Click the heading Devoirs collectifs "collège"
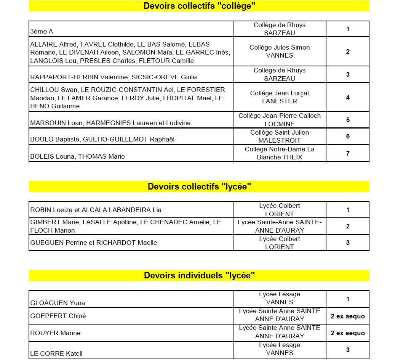point(199,6)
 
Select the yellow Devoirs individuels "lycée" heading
point(199,275)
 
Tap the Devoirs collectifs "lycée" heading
point(199,186)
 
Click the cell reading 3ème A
point(42,32)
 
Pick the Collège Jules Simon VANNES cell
point(280,51)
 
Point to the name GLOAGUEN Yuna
point(58,303)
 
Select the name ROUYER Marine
point(56,333)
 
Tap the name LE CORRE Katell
point(56,354)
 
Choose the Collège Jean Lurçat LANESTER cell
point(280,97)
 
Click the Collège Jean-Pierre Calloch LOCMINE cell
point(280,120)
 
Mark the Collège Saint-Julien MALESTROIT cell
point(280,137)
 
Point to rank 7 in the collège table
point(348,153)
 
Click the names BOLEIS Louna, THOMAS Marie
point(78,156)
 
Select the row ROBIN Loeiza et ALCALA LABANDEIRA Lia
point(96,210)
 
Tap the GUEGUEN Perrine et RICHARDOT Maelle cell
point(94,243)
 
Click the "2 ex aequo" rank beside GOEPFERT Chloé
point(348,316)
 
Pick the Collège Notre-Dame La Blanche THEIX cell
point(280,153)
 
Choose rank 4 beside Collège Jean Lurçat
point(348,97)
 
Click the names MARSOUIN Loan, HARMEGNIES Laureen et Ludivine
point(110,123)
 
